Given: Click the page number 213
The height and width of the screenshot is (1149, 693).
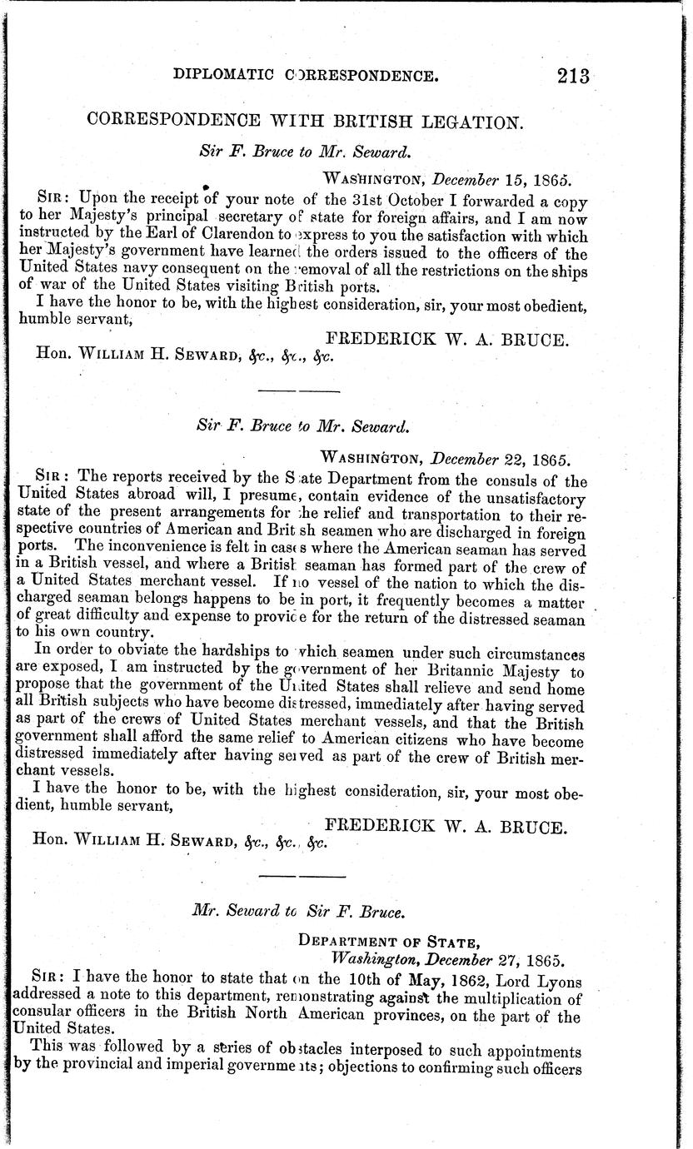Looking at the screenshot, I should pyautogui.click(x=574, y=77).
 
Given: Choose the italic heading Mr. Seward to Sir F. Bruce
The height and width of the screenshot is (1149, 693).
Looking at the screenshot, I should pyautogui.click(x=299, y=911).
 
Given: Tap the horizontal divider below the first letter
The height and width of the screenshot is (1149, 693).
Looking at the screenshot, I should pyautogui.click(x=300, y=390).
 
